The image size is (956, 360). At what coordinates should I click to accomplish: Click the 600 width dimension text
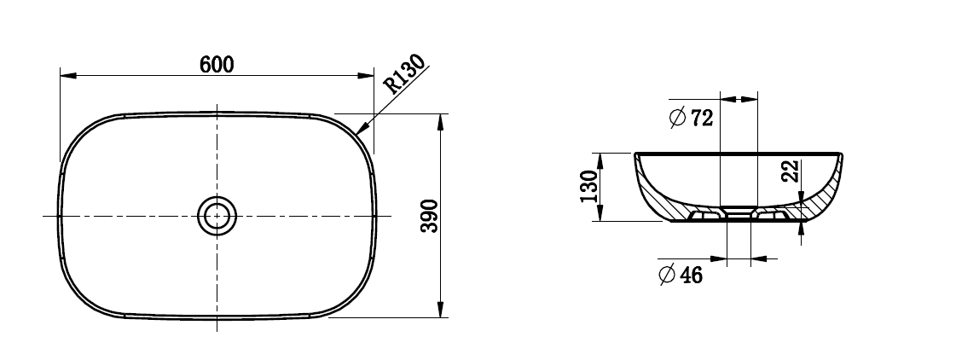[x=217, y=64]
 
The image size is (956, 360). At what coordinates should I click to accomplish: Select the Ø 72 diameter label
[x=692, y=119]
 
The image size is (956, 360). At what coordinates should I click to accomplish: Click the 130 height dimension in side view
[x=588, y=187]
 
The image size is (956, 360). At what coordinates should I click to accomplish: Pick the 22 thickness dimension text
[x=791, y=171]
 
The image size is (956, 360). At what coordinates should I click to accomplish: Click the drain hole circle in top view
[x=217, y=216]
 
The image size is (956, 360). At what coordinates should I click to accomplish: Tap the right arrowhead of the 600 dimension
[x=368, y=75]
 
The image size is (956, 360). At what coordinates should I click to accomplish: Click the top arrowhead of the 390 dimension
[x=440, y=120]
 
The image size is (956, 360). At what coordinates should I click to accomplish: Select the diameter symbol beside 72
[x=678, y=119]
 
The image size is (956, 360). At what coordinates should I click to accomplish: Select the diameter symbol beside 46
[x=668, y=275]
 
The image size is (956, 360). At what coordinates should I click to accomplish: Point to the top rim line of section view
[x=739, y=154]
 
